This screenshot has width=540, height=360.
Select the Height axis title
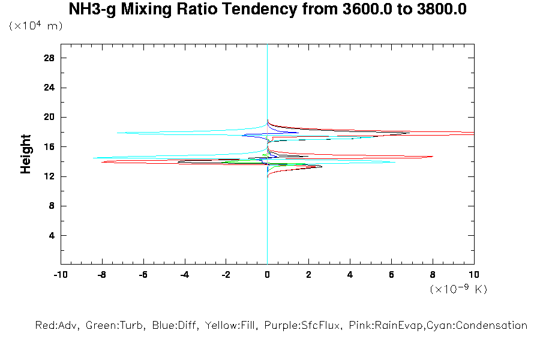pyautogui.click(x=26, y=154)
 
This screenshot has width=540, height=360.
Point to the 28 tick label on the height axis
pyautogui.click(x=49, y=58)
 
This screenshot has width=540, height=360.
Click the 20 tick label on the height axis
pyautogui.click(x=49, y=117)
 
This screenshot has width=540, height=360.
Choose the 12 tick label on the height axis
pyautogui.click(x=49, y=176)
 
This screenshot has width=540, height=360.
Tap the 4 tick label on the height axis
pyautogui.click(x=52, y=235)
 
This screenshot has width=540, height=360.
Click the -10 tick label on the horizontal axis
pyautogui.click(x=60, y=275)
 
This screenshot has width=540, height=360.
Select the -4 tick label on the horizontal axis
pyautogui.click(x=184, y=275)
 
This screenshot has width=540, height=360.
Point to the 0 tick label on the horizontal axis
pyautogui.click(x=267, y=275)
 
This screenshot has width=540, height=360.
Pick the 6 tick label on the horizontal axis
pyautogui.click(x=391, y=275)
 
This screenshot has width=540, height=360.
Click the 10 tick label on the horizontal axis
pyautogui.click(x=474, y=275)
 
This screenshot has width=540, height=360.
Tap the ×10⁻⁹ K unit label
pyautogui.click(x=458, y=289)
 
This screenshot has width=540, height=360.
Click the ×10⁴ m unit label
pyautogui.click(x=36, y=26)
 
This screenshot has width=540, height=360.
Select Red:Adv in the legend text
pyautogui.click(x=57, y=326)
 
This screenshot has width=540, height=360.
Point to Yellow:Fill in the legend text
pyautogui.click(x=230, y=326)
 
